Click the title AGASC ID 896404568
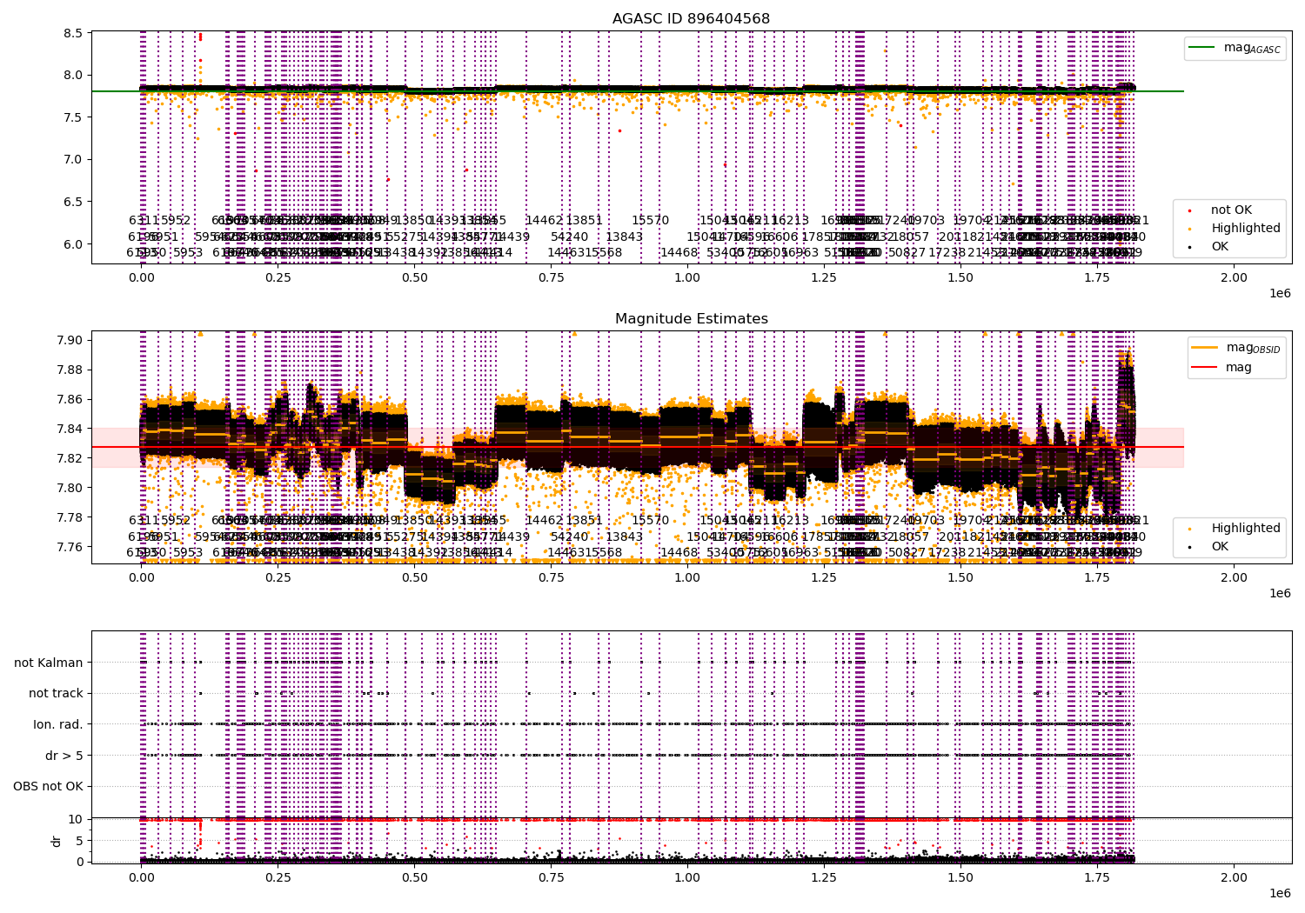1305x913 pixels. (691, 19)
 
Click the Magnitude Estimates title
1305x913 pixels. (691, 319)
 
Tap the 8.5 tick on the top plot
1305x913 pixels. (72, 33)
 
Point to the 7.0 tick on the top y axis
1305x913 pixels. (72, 159)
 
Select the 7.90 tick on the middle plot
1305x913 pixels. (69, 340)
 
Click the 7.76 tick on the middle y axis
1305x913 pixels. (69, 547)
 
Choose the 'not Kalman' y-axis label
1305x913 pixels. (49, 663)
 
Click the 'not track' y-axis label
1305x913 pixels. (56, 694)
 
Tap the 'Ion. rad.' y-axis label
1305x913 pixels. (58, 724)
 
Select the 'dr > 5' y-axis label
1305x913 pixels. (64, 756)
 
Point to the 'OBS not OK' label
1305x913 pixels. (48, 787)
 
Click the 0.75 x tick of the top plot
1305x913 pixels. (551, 277)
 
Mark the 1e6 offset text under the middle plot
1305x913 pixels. (1279, 593)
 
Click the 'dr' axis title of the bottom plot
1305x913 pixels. (57, 841)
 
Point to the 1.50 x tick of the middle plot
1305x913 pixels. (960, 577)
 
